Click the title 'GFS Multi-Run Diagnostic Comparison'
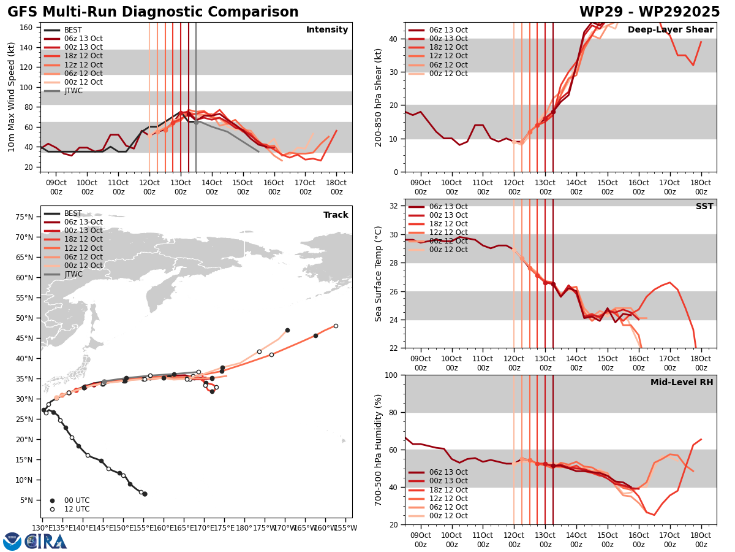click(x=153, y=12)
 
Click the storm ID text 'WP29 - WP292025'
click(x=649, y=12)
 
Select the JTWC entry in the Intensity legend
click(x=73, y=91)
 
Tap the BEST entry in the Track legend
click(x=73, y=213)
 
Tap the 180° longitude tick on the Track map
click(x=244, y=527)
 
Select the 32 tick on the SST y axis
click(x=395, y=205)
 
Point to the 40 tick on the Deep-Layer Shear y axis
click(x=395, y=39)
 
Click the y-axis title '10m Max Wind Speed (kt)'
click(x=12, y=97)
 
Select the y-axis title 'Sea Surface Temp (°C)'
click(x=379, y=274)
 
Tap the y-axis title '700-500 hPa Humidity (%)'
click(x=379, y=450)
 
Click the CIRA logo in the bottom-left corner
click(x=46, y=541)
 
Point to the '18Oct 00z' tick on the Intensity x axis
click(x=336, y=187)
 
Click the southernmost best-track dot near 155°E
click(x=145, y=494)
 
